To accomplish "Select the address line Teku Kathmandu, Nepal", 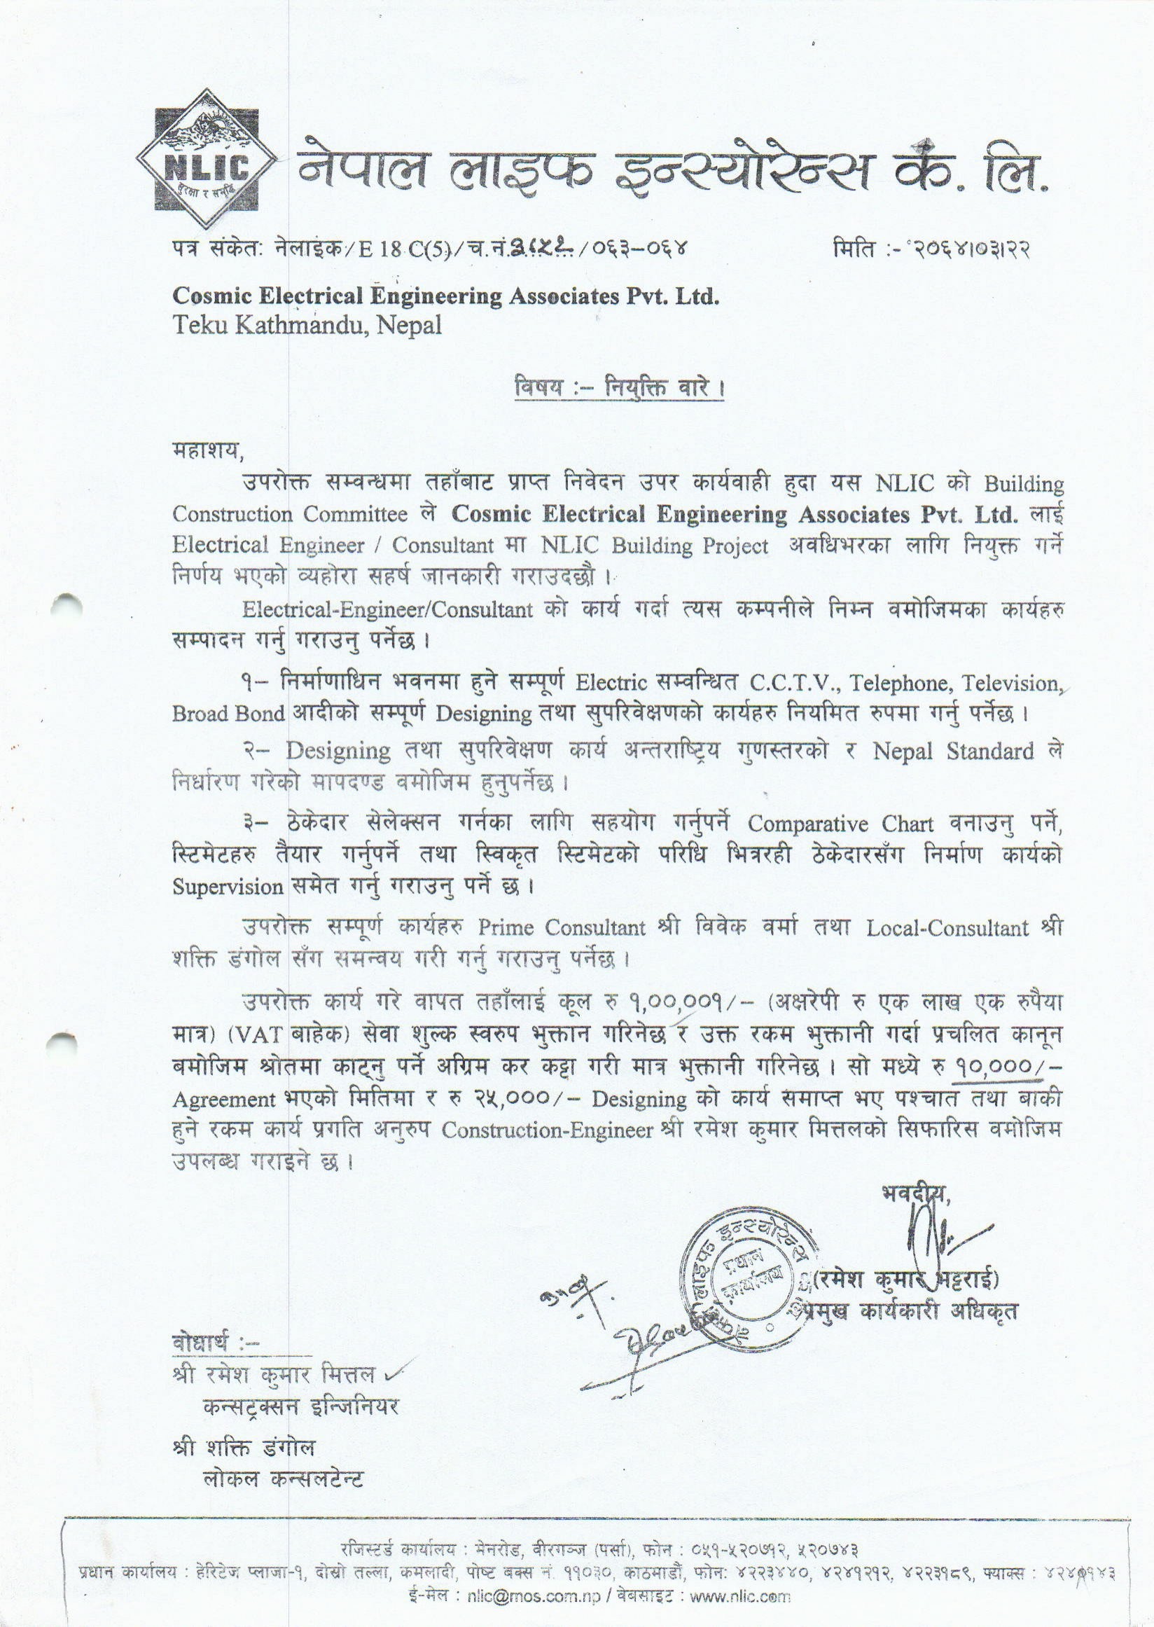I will [306, 325].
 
